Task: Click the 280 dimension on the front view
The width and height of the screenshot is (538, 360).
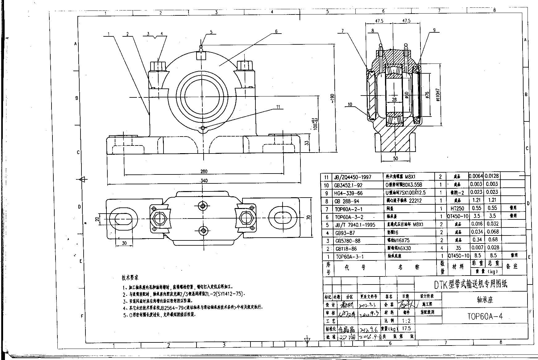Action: (204, 171)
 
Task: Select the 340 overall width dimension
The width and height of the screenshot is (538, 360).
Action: (204, 181)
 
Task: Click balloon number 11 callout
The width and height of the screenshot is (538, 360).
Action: (278, 107)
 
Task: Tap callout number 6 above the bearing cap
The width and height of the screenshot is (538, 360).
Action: (276, 31)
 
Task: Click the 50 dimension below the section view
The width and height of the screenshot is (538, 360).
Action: (395, 158)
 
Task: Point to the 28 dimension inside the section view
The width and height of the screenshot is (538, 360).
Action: (394, 100)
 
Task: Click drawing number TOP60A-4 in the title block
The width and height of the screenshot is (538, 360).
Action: (485, 316)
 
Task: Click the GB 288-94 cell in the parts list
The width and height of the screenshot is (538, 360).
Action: (347, 201)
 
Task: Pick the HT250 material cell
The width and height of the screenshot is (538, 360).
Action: (457, 208)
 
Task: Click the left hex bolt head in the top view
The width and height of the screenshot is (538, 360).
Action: (159, 218)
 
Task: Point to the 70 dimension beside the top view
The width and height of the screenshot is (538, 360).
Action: (308, 217)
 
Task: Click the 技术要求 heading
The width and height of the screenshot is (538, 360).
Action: (130, 278)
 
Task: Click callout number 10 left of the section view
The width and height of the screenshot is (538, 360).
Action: (350, 104)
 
